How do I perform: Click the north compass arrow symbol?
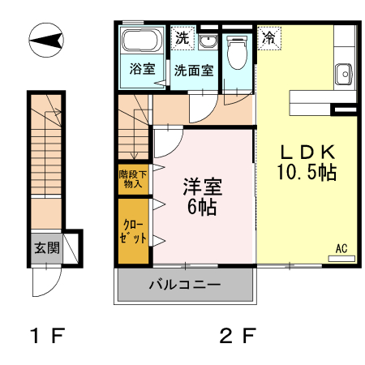pos(47,40)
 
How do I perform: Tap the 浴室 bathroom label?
pos(143,69)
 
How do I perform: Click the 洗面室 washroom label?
pos(195,70)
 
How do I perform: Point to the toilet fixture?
pos(237,56)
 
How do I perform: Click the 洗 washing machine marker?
pos(182,37)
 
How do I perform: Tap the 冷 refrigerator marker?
pos(268,37)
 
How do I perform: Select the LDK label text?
pos(306,152)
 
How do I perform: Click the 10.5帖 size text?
pos(306,172)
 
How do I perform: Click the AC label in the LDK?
pos(341,248)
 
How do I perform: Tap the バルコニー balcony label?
pos(184,286)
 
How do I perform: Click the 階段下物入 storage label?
pos(131,178)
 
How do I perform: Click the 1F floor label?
pos(47,335)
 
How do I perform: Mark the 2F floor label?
pos(236,335)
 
